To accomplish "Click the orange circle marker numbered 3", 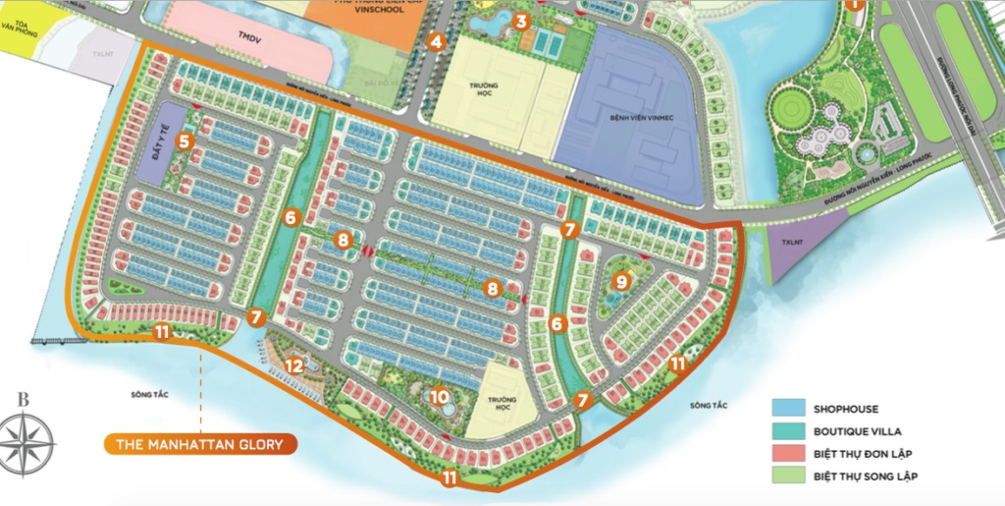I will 521,20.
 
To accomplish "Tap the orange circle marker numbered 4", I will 437,41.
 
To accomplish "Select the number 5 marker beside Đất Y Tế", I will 184,141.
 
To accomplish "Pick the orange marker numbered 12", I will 293,366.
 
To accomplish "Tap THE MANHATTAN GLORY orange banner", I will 199,445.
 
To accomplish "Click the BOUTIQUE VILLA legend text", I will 856,431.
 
